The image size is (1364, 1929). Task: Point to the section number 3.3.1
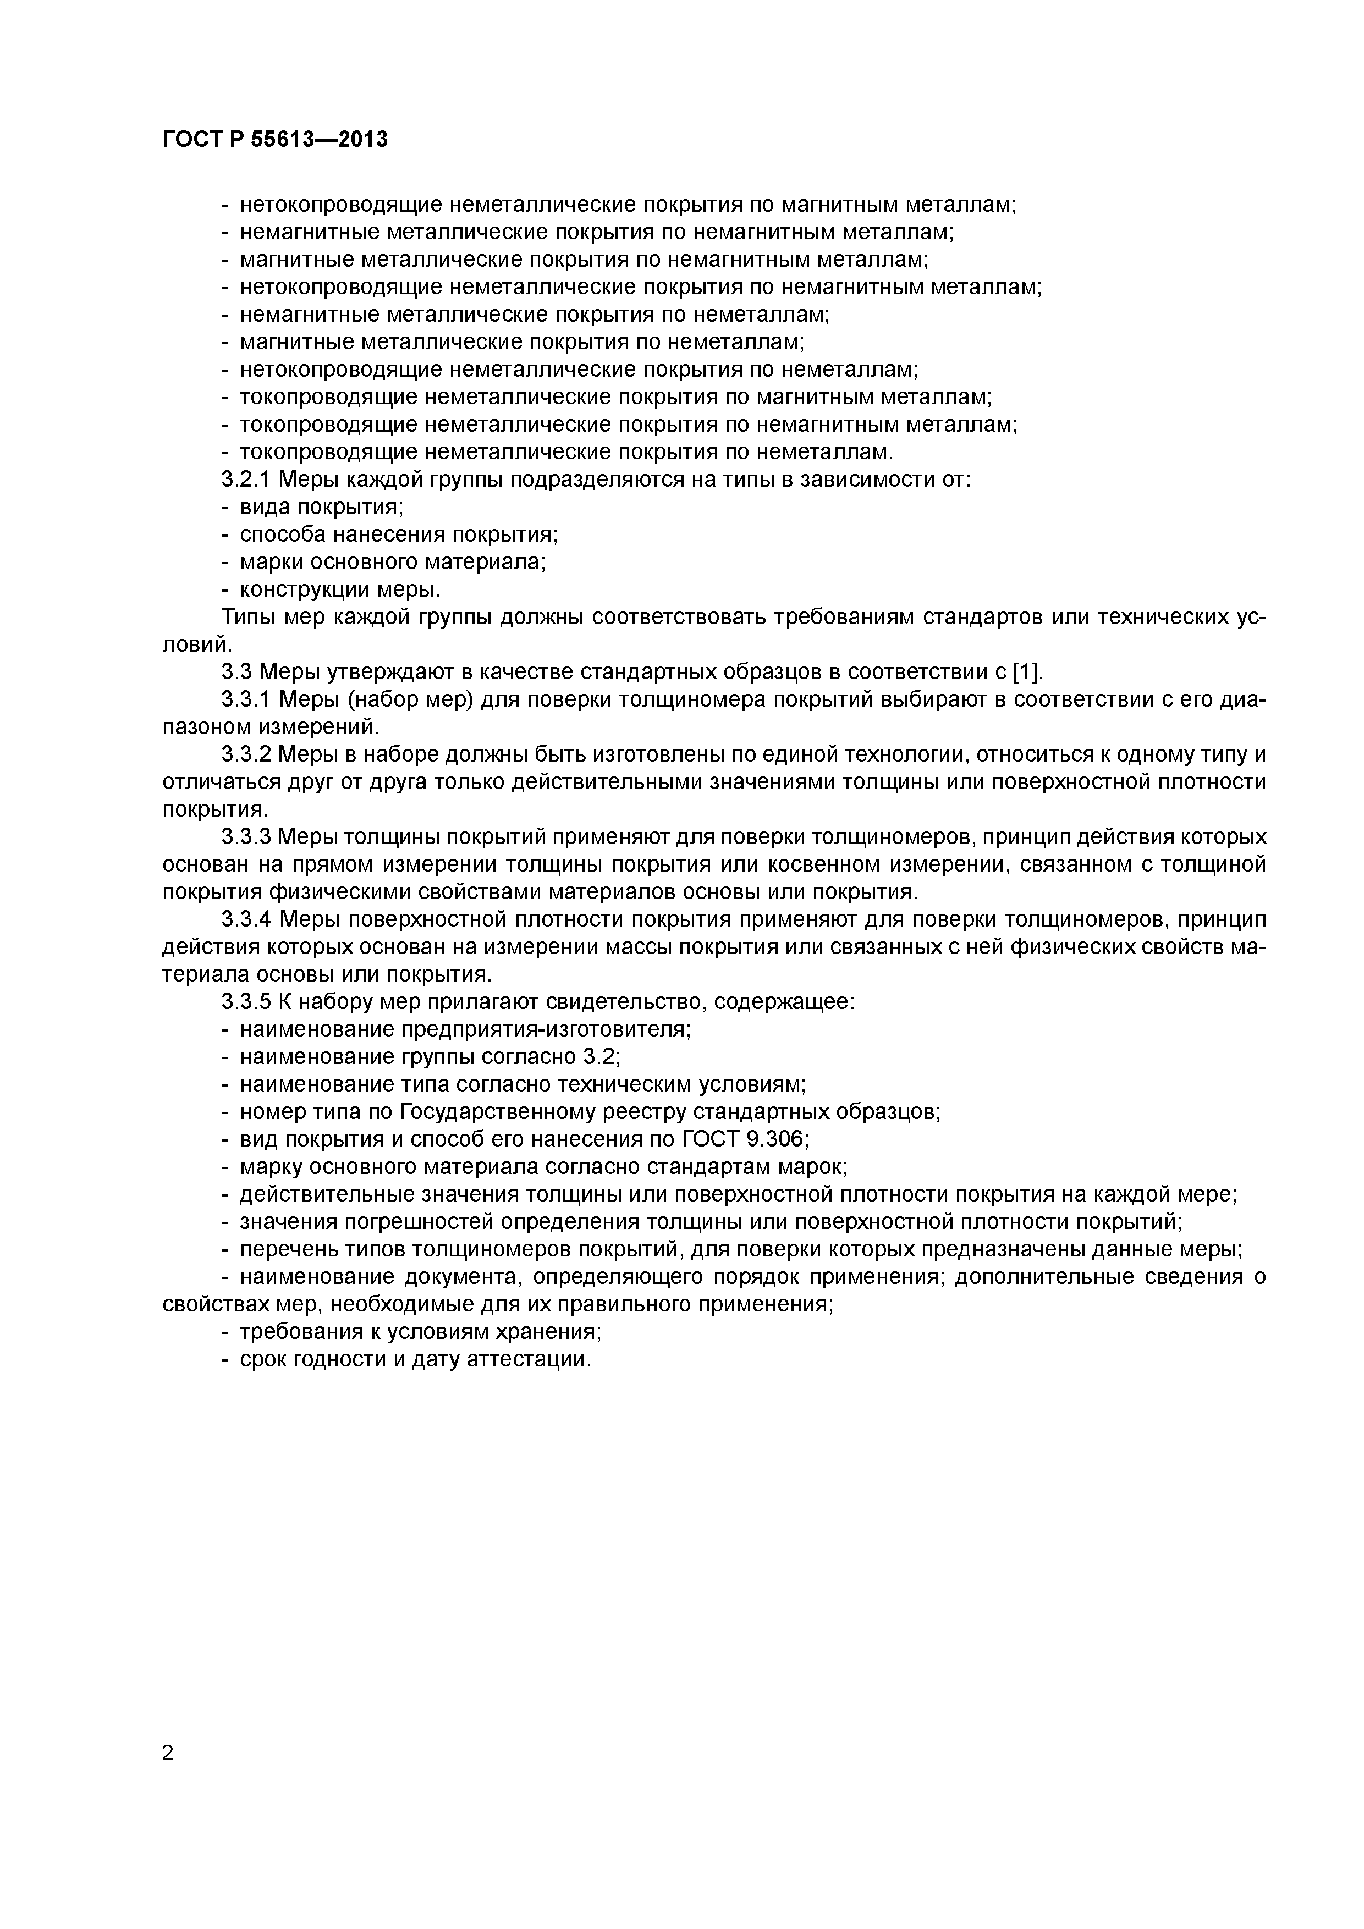coord(246,700)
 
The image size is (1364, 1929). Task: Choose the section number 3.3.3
coord(246,837)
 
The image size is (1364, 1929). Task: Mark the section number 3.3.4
coord(246,920)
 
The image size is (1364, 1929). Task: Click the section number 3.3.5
coord(246,1002)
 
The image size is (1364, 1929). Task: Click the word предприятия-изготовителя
coord(546,1030)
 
